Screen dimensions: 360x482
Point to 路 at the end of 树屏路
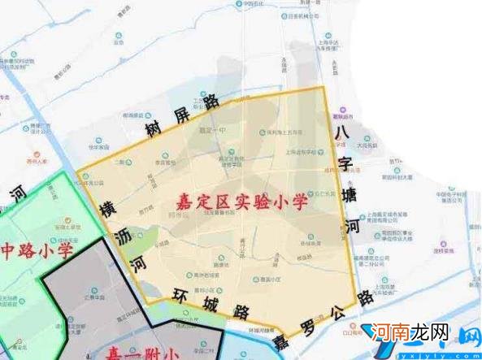(212, 102)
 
